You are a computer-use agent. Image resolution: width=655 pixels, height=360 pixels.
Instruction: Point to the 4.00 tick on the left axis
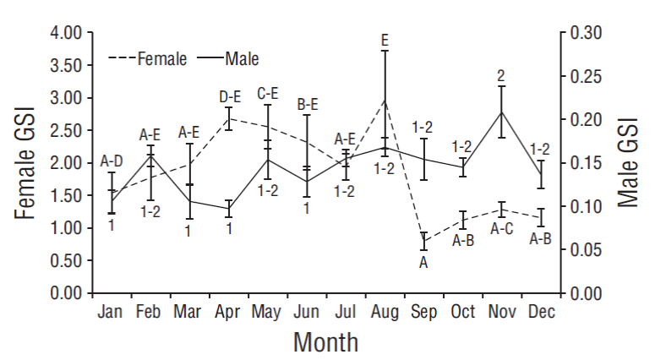coord(64,33)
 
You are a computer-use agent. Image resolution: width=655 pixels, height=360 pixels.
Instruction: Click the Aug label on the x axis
coord(385,313)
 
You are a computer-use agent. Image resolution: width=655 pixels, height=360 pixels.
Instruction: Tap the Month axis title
coord(325,342)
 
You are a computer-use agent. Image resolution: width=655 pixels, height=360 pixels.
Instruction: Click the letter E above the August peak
coord(385,40)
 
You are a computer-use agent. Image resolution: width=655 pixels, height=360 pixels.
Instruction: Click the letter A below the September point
coord(424,262)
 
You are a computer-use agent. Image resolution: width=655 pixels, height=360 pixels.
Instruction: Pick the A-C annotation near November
coord(502,228)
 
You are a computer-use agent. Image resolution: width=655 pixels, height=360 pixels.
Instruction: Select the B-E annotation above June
coord(308,105)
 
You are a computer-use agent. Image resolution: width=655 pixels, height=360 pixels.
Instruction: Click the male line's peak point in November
coord(502,112)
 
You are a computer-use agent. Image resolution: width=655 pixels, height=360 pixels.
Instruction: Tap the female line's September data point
coord(424,241)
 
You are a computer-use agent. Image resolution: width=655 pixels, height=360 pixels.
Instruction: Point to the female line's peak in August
coord(385,100)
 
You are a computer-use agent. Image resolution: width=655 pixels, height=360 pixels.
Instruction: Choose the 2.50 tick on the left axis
coord(64,130)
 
